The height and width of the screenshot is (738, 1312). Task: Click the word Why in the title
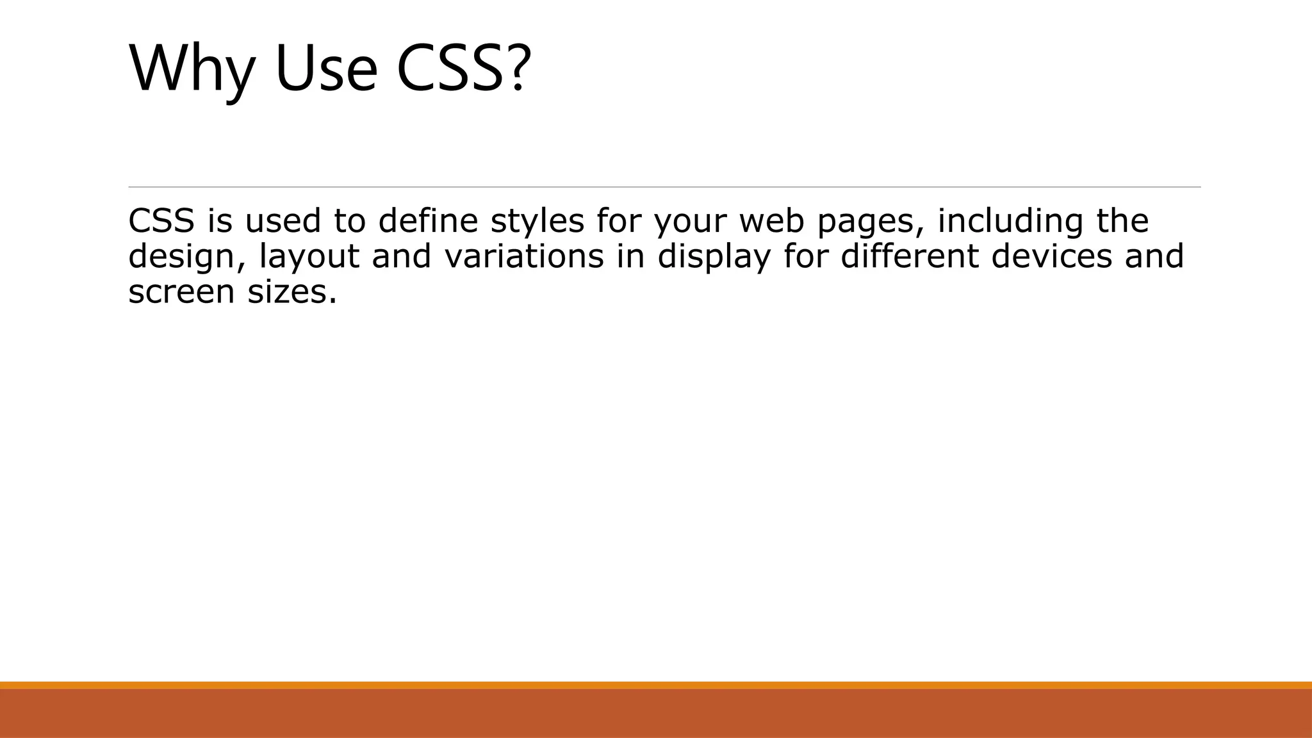click(192, 69)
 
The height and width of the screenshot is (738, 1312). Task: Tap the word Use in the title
click(326, 69)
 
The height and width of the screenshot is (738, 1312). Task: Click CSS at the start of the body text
click(161, 220)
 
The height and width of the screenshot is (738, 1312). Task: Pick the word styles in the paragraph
click(537, 222)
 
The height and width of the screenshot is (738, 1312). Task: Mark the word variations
click(524, 256)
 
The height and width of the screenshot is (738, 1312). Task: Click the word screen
click(181, 292)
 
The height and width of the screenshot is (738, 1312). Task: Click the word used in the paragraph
click(283, 220)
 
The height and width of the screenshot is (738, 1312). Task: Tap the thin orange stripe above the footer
click(656, 685)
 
